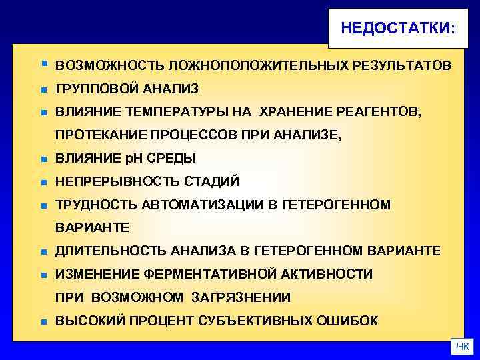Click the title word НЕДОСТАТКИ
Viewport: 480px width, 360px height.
tap(395, 28)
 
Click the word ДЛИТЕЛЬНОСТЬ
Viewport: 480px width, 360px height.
tap(111, 251)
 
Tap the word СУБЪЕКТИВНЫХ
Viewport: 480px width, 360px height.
tap(264, 321)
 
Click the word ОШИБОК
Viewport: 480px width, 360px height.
tap(354, 321)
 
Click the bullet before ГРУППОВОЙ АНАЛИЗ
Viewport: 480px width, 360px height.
tap(42, 89)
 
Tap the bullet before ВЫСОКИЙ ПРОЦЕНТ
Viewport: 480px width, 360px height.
tap(42, 321)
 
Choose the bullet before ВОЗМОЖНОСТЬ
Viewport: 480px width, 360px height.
tap(43, 65)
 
